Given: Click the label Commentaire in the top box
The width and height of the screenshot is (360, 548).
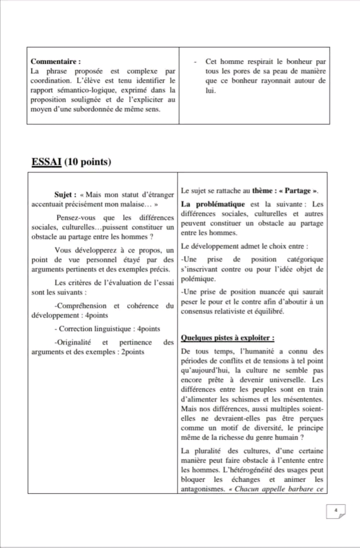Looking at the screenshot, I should pos(55,62).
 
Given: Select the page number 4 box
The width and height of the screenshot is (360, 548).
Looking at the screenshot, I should pos(336,510).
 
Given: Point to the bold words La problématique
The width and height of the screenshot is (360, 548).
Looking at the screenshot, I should pos(213,204).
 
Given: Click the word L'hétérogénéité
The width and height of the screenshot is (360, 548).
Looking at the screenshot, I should pos(226,470).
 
